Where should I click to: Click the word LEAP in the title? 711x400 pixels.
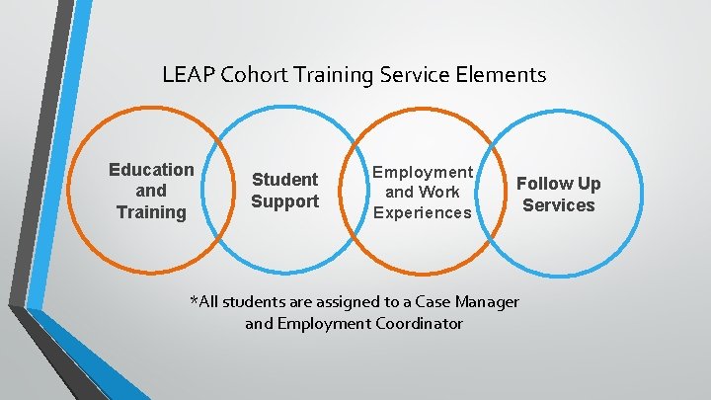click(x=185, y=74)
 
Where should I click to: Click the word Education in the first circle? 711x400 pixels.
click(x=151, y=170)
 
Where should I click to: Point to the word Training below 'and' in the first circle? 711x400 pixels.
click(x=151, y=212)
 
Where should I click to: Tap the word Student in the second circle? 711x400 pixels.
click(x=284, y=180)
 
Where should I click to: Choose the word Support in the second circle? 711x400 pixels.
click(x=284, y=202)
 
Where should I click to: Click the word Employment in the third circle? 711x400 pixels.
click(x=423, y=172)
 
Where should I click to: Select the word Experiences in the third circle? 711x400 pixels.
click(x=423, y=213)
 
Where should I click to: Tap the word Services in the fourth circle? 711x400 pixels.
click(x=559, y=205)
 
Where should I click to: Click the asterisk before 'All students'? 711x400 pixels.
click(x=194, y=299)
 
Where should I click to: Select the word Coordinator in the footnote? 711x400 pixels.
click(x=421, y=324)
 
